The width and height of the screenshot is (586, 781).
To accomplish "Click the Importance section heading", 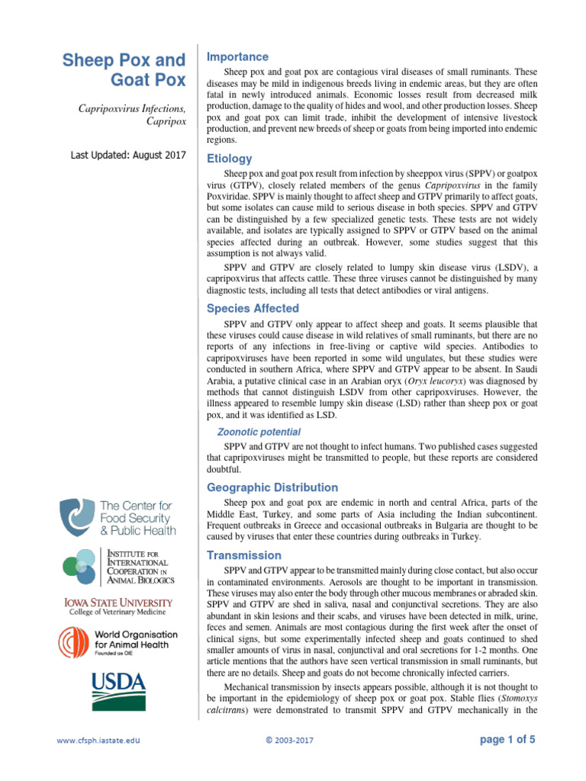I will click(237, 57).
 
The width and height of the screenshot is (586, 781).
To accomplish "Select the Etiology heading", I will click(230, 159).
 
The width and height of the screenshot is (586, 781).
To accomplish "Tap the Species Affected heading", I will click(253, 308).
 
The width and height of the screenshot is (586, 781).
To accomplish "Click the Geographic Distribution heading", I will click(272, 487).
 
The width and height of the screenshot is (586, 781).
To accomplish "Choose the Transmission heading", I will click(243, 555).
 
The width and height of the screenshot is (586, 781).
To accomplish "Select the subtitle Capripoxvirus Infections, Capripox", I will click(132, 115).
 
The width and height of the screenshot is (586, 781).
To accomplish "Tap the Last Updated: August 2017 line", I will click(128, 155).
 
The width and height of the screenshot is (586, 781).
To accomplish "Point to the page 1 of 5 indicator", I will click(507, 739).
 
